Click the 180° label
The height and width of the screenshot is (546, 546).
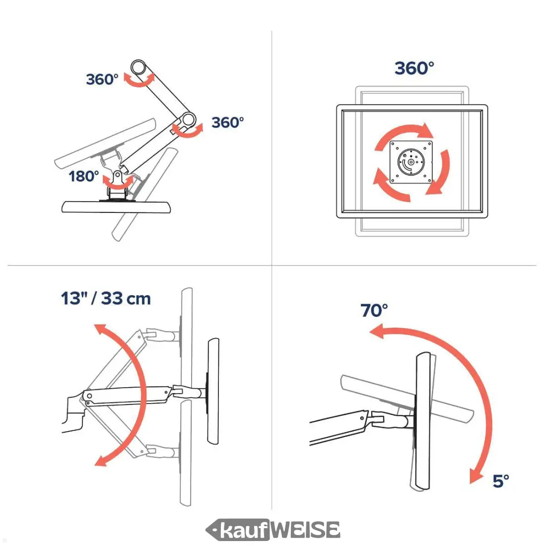coord(84,176)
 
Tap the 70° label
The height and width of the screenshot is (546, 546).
coord(374,310)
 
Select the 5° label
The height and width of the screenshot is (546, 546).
coord(501,481)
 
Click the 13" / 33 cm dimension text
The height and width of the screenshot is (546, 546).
coord(106,298)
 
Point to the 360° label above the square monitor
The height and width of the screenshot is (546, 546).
coord(414,68)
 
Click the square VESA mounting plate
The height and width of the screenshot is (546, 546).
coord(411,162)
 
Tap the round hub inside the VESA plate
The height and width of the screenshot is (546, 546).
coord(411,162)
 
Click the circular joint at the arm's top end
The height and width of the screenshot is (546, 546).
coord(138,67)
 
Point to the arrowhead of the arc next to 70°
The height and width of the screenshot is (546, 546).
coord(377,331)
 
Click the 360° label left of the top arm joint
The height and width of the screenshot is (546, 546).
coord(102,79)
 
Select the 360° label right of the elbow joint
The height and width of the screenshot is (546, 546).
coord(228,123)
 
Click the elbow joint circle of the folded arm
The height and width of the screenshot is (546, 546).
coord(189,120)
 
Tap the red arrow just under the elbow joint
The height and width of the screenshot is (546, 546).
coord(188,131)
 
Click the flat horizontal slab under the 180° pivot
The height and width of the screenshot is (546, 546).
coord(116,207)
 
